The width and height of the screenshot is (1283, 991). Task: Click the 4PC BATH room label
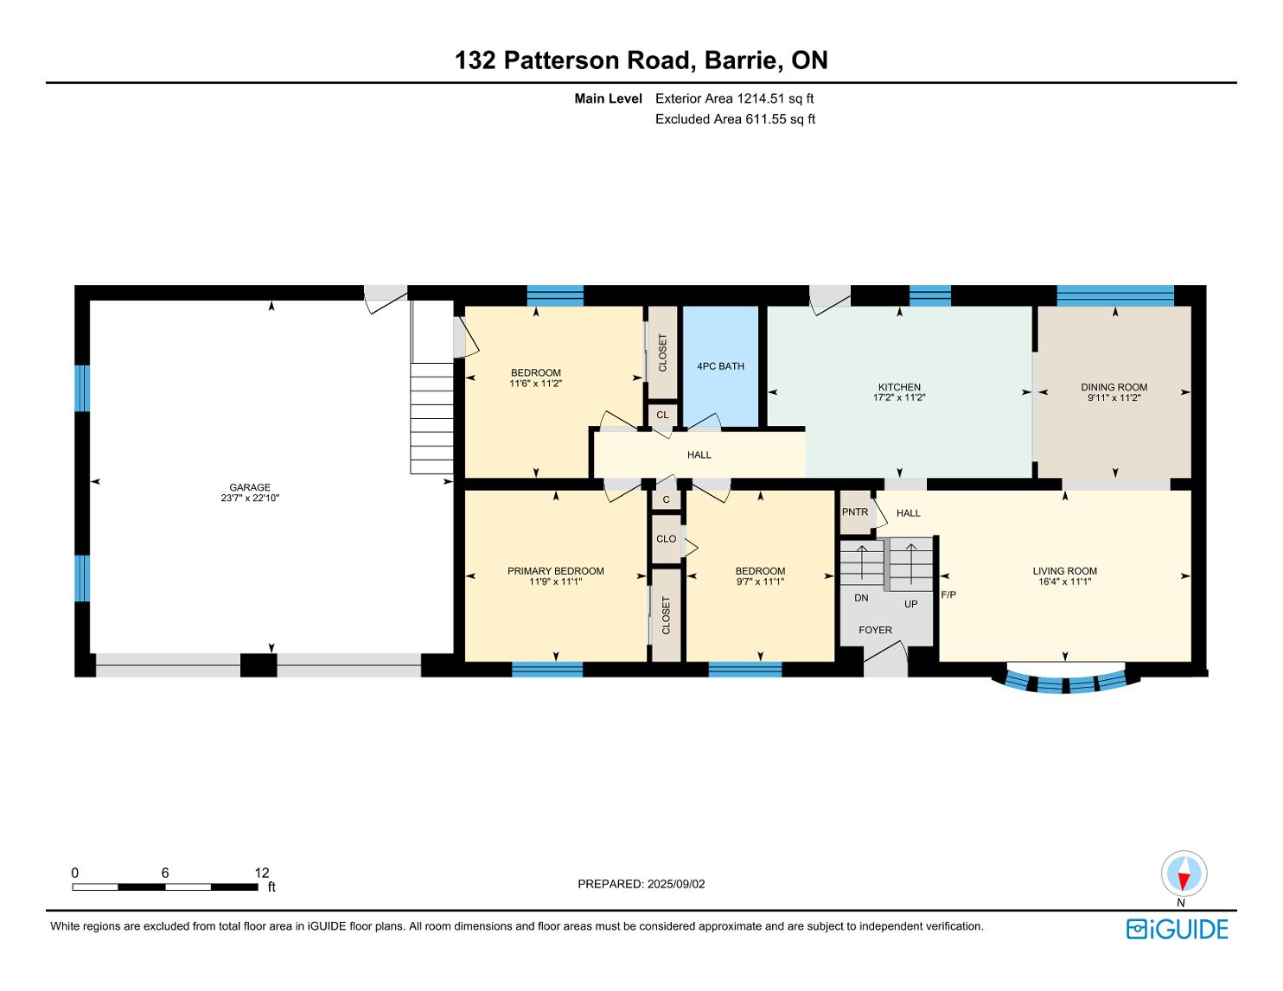click(720, 366)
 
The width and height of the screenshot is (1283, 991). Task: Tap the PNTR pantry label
click(854, 512)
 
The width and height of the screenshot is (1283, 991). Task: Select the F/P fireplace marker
click(948, 594)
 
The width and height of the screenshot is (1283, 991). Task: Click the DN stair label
click(861, 598)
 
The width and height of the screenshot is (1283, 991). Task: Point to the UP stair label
click(911, 604)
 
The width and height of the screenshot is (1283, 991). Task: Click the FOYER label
click(875, 630)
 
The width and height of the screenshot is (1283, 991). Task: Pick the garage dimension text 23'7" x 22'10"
click(250, 498)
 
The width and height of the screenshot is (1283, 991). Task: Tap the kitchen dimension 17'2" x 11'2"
click(899, 397)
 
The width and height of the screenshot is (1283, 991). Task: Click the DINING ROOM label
click(1114, 387)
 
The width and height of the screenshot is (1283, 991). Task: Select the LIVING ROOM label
click(1064, 571)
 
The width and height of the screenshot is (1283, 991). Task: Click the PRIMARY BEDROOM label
click(556, 571)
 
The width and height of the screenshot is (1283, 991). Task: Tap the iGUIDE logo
click(1178, 930)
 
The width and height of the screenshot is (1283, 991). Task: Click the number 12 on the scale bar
click(262, 873)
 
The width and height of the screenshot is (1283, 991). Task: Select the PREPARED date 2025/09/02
click(676, 884)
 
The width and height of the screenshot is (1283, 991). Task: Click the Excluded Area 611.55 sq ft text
click(735, 119)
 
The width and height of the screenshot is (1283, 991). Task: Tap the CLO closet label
click(666, 538)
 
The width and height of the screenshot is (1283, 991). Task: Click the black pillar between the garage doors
click(259, 664)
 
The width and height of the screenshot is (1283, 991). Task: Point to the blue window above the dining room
click(1115, 295)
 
